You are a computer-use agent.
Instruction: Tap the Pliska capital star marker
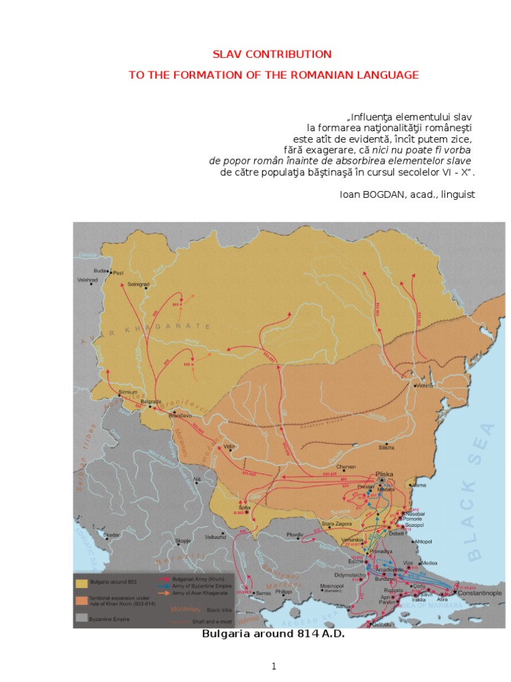(x=382, y=480)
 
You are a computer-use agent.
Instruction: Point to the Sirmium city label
(x=128, y=392)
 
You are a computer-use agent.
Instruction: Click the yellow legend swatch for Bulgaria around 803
(x=83, y=583)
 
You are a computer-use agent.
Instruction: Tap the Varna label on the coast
(x=419, y=487)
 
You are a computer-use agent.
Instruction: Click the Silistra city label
(x=387, y=448)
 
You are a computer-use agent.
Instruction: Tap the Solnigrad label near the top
(x=138, y=284)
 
